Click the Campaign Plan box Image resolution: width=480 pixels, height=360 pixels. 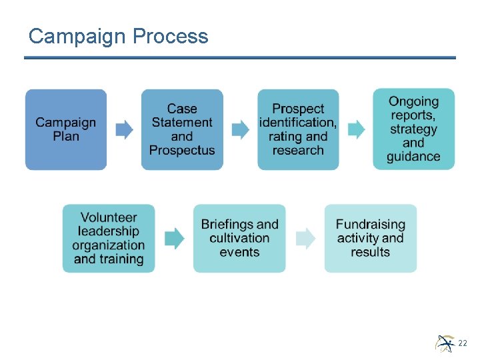click(66, 129)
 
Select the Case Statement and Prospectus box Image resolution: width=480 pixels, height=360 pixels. click(182, 129)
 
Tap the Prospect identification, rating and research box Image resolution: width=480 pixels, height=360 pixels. click(298, 129)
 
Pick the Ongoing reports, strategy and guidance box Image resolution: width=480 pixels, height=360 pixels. click(413, 129)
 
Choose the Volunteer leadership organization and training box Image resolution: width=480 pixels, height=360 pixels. click(109, 238)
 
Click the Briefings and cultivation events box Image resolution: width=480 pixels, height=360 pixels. click(239, 238)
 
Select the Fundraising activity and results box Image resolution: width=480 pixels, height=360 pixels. click(371, 238)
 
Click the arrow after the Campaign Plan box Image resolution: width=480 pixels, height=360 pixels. click(124, 129)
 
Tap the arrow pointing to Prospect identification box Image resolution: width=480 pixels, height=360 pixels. click(240, 129)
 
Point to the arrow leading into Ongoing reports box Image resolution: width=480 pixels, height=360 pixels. click(356, 129)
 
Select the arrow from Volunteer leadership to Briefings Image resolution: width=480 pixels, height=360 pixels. click(174, 238)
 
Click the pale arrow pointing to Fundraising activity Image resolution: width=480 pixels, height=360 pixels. click(305, 238)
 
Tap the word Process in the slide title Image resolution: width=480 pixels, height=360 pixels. click(171, 36)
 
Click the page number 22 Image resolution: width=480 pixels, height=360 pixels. click(463, 343)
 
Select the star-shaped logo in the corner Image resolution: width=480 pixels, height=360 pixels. click(445, 343)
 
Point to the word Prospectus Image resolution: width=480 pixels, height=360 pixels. click(182, 150)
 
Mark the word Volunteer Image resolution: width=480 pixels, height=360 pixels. click(109, 217)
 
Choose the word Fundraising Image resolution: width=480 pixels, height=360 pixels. click(371, 224)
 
